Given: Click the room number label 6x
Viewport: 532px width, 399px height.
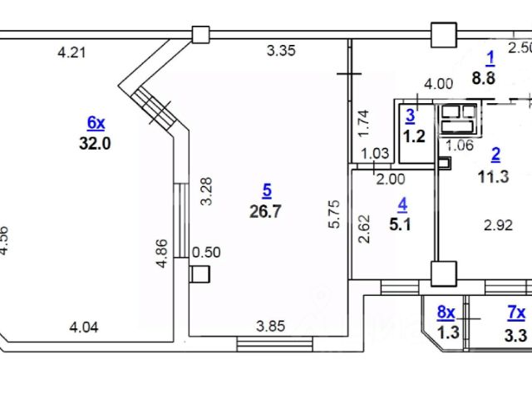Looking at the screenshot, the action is [x=96, y=123].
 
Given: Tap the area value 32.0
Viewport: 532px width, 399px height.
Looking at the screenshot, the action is [x=96, y=142].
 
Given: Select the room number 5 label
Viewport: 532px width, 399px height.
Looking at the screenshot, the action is [x=265, y=190].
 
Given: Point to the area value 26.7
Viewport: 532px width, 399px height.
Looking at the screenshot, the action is [x=265, y=210].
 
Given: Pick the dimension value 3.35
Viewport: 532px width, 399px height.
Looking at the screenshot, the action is [x=281, y=51].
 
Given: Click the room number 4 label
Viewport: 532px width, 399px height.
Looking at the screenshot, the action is [x=402, y=203].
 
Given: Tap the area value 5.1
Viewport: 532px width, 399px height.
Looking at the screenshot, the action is [x=402, y=223].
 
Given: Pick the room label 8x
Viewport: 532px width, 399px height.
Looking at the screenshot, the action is [x=446, y=313].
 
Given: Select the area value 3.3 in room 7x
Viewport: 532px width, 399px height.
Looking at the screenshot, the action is [x=516, y=332].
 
